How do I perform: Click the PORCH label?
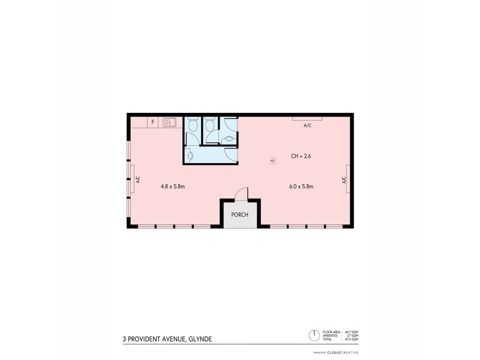236,214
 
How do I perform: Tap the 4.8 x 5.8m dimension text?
172,187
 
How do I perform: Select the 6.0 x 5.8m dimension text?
301,187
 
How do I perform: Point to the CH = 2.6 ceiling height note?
301,156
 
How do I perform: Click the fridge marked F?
153,122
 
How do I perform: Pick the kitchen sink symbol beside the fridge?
169,122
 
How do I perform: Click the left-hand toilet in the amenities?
193,124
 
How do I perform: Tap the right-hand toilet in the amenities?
210,124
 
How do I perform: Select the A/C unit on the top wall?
307,119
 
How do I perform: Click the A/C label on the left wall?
137,179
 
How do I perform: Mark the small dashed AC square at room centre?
272,161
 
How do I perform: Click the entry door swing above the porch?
241,193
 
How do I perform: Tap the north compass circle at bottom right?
313,335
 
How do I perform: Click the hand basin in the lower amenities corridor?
190,155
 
